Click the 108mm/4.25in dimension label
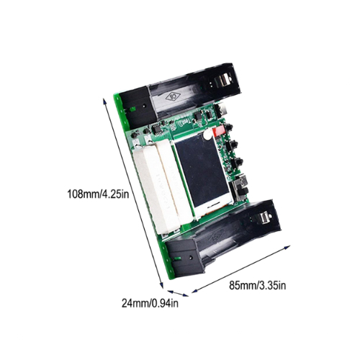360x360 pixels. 98,194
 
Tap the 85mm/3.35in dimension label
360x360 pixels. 258,286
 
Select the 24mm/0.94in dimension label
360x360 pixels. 150,303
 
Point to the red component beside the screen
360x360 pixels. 218,131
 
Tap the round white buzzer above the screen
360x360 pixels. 207,136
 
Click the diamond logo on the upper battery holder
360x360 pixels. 173,96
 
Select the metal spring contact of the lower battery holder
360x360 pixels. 264,218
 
